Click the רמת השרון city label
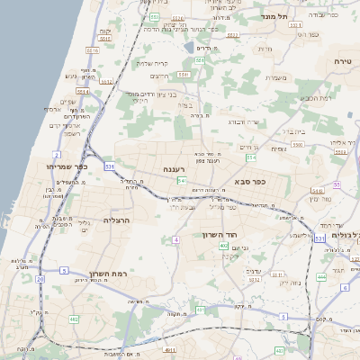pos(112,274)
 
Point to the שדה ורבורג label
pos(243,121)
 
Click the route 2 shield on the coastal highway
pos(56,156)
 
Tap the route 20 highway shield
pos(40,280)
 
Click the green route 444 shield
pos(321,277)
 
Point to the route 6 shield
pos(345,287)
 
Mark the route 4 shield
pos(177,240)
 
